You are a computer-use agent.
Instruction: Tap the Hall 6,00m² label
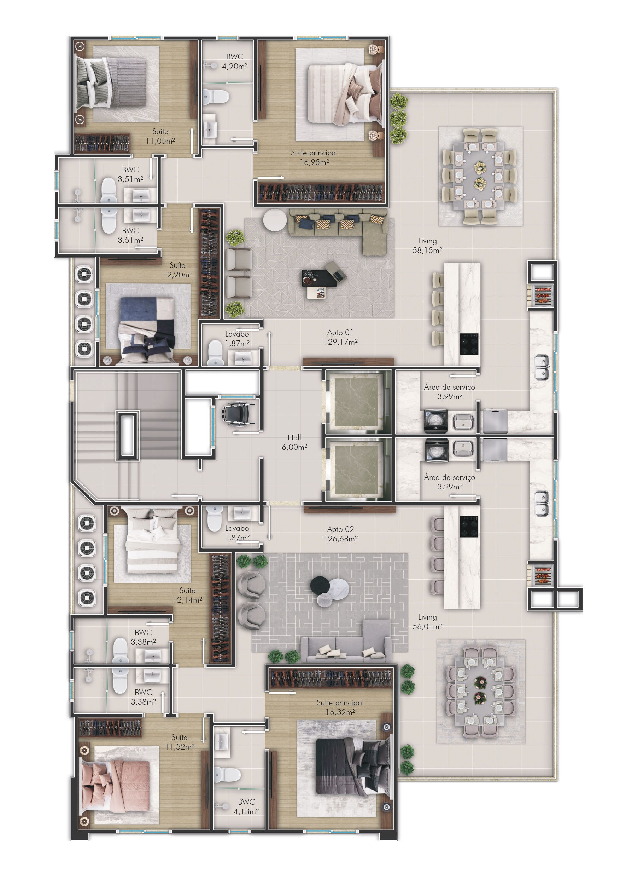click(294, 442)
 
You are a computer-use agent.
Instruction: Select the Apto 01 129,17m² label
click(340, 337)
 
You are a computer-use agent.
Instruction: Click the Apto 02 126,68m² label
click(340, 534)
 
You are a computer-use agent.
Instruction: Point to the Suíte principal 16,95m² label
click(314, 157)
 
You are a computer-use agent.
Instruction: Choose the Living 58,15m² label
click(427, 246)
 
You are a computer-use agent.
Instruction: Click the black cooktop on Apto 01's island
click(469, 344)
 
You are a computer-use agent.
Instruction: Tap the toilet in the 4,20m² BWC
click(216, 97)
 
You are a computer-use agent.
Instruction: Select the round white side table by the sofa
click(275, 220)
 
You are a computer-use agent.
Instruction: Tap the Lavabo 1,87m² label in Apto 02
click(237, 533)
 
